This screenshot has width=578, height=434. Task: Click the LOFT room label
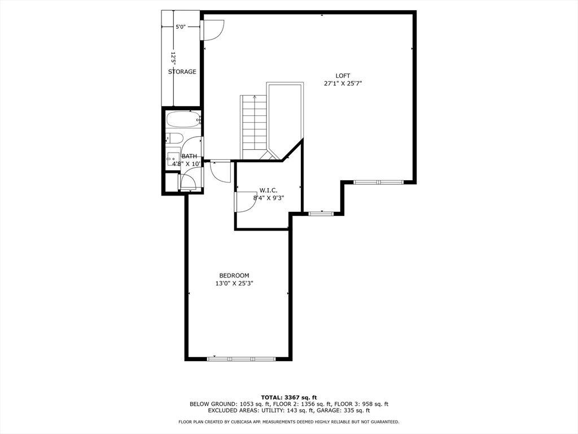coord(343,76)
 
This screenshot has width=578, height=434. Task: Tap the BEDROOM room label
coord(234,275)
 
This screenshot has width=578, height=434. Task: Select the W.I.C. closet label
coord(268,190)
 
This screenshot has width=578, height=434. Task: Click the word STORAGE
coord(182,72)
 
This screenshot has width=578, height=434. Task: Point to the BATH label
coord(189,156)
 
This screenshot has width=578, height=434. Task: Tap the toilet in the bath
coord(174,138)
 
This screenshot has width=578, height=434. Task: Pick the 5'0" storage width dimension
coord(181,27)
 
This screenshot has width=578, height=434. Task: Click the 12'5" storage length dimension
coord(173,58)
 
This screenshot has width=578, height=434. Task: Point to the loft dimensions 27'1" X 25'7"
coord(343,84)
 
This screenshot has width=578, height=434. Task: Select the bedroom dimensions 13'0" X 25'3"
coord(234,284)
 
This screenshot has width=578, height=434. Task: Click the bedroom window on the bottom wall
coord(242,359)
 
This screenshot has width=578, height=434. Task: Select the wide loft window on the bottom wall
coord(379,182)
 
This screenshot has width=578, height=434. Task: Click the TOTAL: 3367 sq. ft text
coord(289,397)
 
